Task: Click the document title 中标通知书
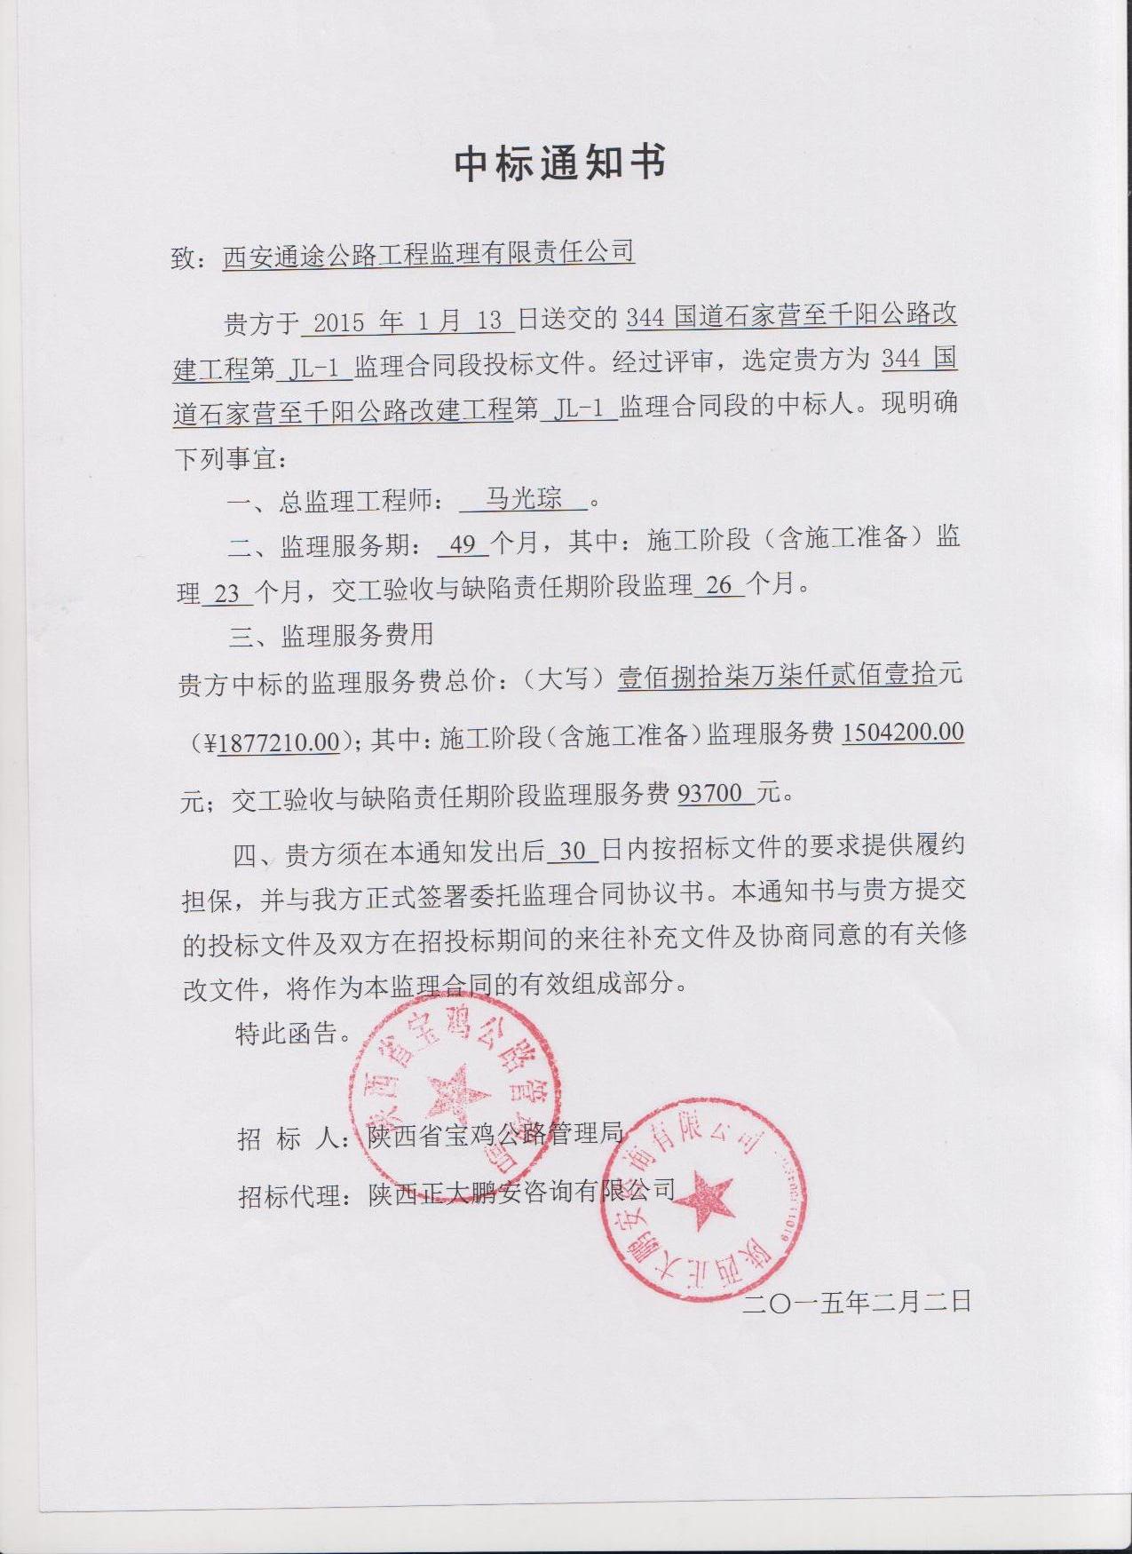pyautogui.click(x=560, y=163)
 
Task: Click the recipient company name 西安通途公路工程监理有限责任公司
pyautogui.click(x=428, y=253)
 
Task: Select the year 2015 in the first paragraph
pyautogui.click(x=338, y=321)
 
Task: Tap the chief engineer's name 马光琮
pyautogui.click(x=524, y=499)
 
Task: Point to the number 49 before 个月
pyautogui.click(x=463, y=543)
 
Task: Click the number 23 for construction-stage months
pyautogui.click(x=227, y=592)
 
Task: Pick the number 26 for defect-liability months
pyautogui.click(x=719, y=585)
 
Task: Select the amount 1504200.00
pyautogui.click(x=902, y=733)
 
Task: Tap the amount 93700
pyautogui.click(x=710, y=792)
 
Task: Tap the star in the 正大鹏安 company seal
pyautogui.click(x=702, y=1199)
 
